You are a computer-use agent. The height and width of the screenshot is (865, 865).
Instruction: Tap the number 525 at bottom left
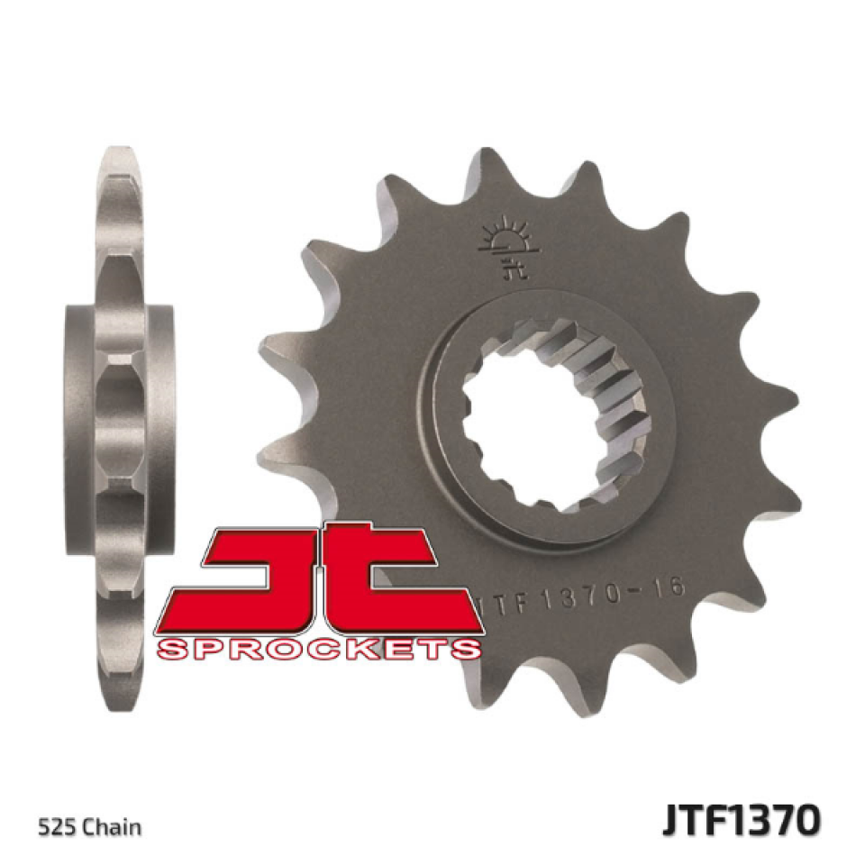click(53, 826)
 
